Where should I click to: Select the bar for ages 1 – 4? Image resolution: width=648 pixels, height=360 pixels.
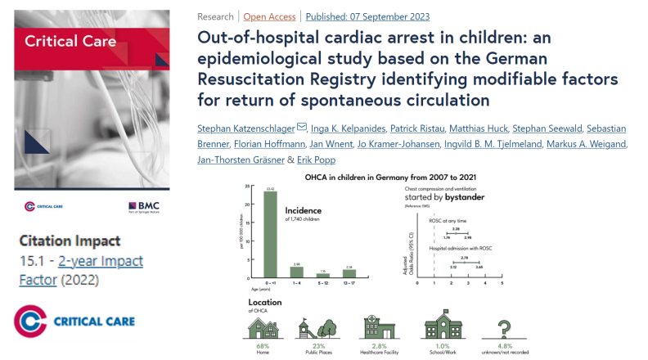click(x=297, y=272)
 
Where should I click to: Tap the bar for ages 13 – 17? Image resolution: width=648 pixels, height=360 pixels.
click(x=349, y=273)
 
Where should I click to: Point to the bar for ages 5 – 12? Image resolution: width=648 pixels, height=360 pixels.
click(x=323, y=276)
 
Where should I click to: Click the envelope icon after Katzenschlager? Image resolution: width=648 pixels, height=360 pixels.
click(x=301, y=127)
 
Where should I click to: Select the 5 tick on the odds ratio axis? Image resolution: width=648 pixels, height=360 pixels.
click(x=502, y=282)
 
